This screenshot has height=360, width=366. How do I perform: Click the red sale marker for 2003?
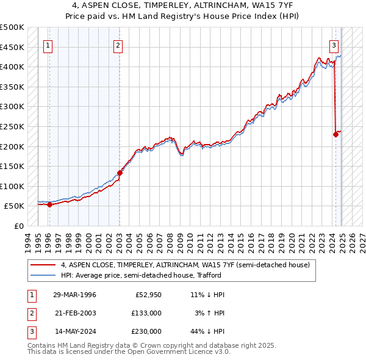coord(120,173)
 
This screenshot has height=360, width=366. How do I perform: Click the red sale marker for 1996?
coord(49,204)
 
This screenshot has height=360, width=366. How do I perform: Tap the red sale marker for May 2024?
coord(335,135)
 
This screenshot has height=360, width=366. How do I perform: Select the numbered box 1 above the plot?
coord(48,45)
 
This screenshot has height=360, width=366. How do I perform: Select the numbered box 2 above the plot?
coord(118,45)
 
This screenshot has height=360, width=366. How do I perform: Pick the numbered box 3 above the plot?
coord(334,45)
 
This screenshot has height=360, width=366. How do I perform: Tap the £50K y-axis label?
coord(15,206)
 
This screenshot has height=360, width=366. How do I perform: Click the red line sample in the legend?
coord(43,265)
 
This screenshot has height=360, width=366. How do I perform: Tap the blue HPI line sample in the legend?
coord(43,275)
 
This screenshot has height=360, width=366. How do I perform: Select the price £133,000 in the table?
coord(147,313)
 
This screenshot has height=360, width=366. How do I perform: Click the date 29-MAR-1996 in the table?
coord(74,295)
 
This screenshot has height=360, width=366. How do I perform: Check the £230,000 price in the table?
coord(147,331)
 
